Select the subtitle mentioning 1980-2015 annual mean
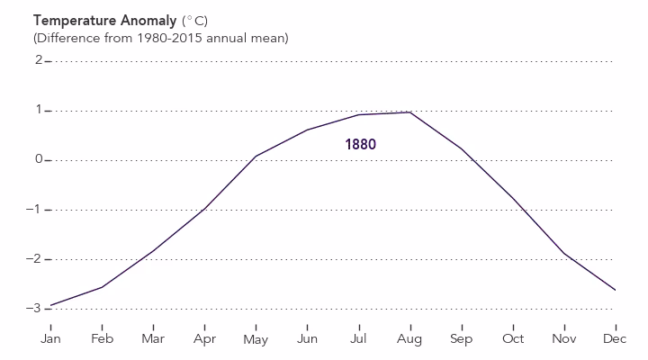pyautogui.click(x=160, y=38)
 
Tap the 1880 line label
pyautogui.click(x=360, y=144)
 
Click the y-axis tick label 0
pyautogui.click(x=39, y=160)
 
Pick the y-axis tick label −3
pyautogui.click(x=36, y=309)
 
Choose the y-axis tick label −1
pyautogui.click(x=36, y=210)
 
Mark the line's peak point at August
pyautogui.click(x=410, y=112)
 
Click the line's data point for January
pyautogui.click(x=50, y=305)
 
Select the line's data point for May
pyautogui.click(x=256, y=156)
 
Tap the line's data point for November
pyautogui.click(x=564, y=254)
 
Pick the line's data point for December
pyautogui.click(x=616, y=290)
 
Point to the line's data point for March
pyautogui.click(x=153, y=250)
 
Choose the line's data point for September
pyautogui.click(x=462, y=148)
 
